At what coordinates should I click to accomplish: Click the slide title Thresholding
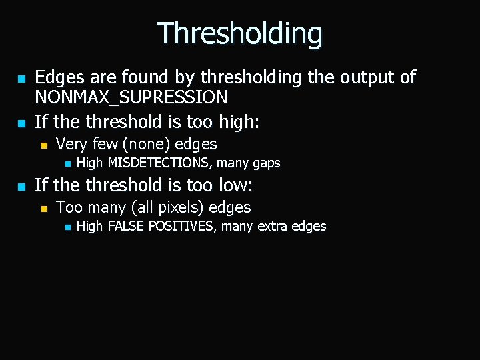pyautogui.click(x=239, y=33)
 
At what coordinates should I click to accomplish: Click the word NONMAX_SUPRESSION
pyautogui.click(x=131, y=98)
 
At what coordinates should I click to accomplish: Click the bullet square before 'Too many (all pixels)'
pyautogui.click(x=43, y=209)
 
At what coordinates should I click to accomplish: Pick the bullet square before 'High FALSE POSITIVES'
pyautogui.click(x=67, y=227)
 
